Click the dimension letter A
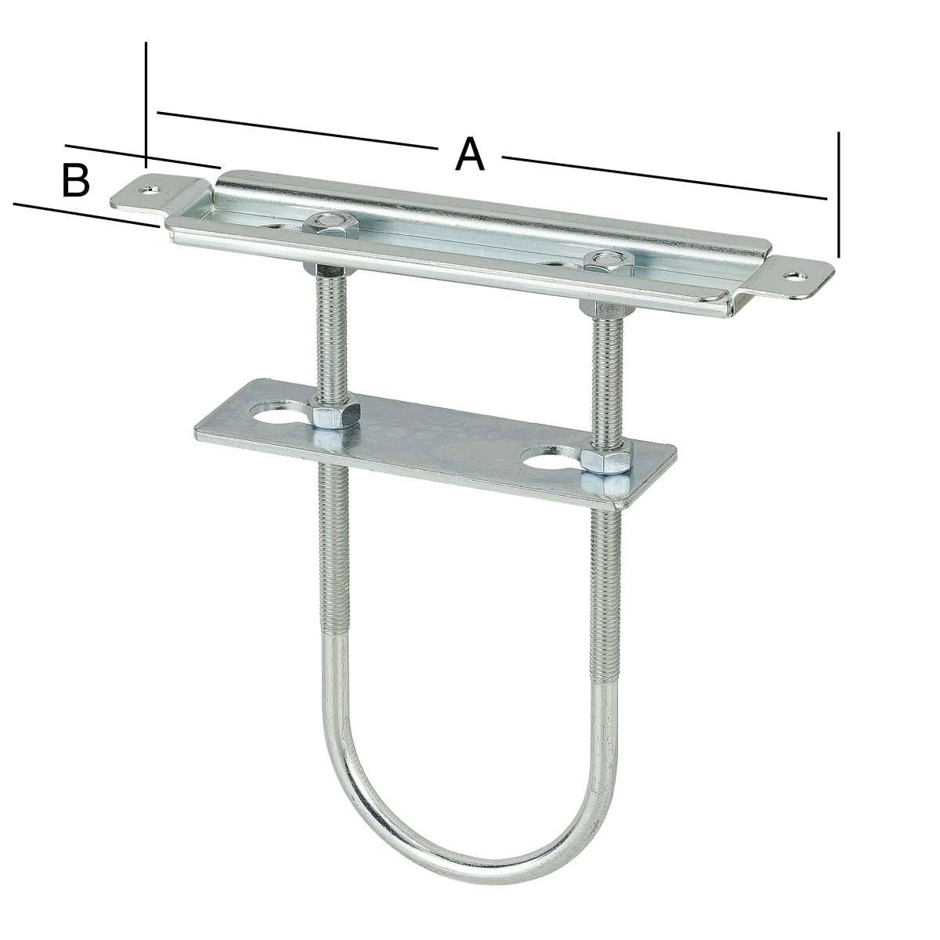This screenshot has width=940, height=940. tap(469, 154)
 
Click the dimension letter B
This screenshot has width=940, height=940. tap(76, 180)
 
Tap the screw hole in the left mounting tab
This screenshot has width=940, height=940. tap(150, 188)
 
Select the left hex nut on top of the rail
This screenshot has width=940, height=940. tap(331, 225)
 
